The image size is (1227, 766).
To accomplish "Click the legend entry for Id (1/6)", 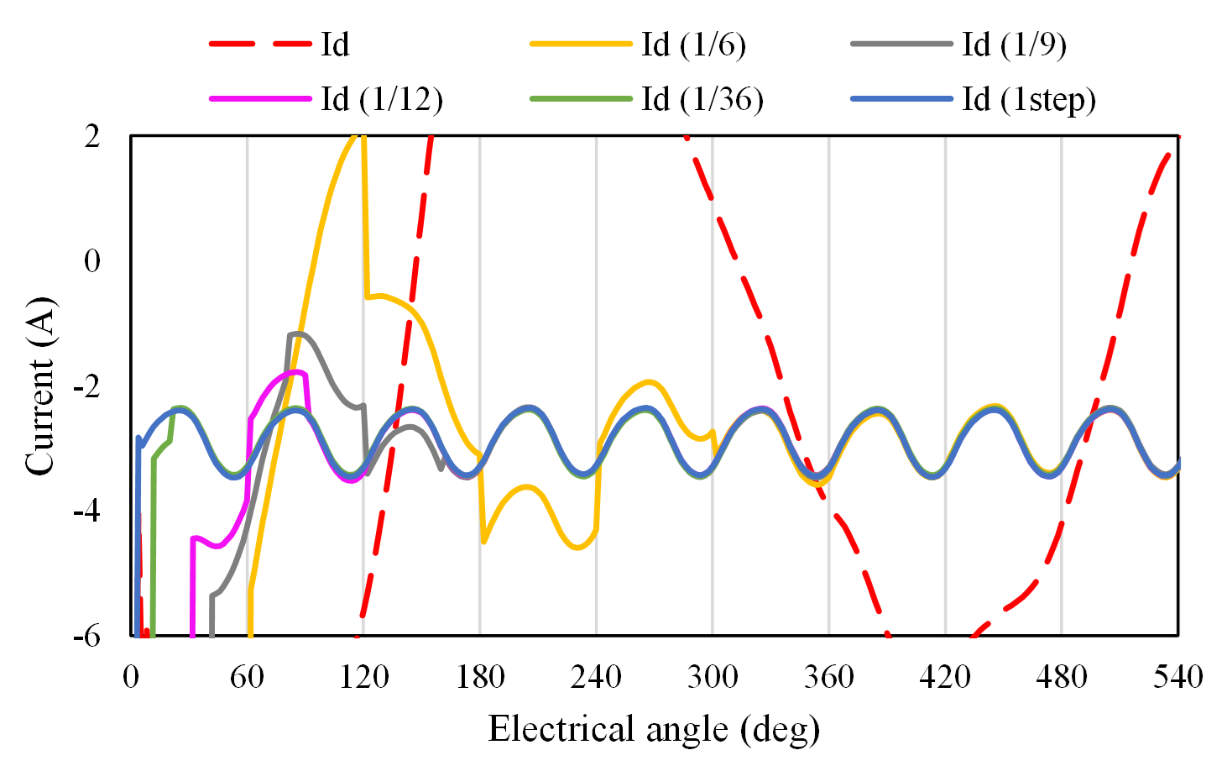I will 693,45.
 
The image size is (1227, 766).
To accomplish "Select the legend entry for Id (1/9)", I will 1014,45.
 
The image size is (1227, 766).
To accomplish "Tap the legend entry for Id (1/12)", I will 381,99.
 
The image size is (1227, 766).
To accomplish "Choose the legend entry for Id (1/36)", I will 702,99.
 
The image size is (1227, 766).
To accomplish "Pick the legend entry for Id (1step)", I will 1029,99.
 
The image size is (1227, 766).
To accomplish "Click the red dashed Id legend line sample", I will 259,45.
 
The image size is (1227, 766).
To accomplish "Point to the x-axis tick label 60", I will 247,676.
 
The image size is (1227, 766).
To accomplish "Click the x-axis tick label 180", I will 480,676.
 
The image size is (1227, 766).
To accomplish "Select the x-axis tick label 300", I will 713,676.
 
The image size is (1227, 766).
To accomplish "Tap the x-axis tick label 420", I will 945,676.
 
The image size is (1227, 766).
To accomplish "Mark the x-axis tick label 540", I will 1178,676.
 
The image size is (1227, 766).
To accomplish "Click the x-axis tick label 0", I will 131,676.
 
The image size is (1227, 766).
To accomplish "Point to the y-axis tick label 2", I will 92,136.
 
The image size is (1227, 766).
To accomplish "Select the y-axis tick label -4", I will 87,511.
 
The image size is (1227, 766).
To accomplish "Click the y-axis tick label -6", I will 87,636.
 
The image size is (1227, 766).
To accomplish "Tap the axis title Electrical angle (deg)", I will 654,728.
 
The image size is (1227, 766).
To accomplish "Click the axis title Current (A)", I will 39,386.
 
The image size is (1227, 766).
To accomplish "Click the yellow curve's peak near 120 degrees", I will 359,136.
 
